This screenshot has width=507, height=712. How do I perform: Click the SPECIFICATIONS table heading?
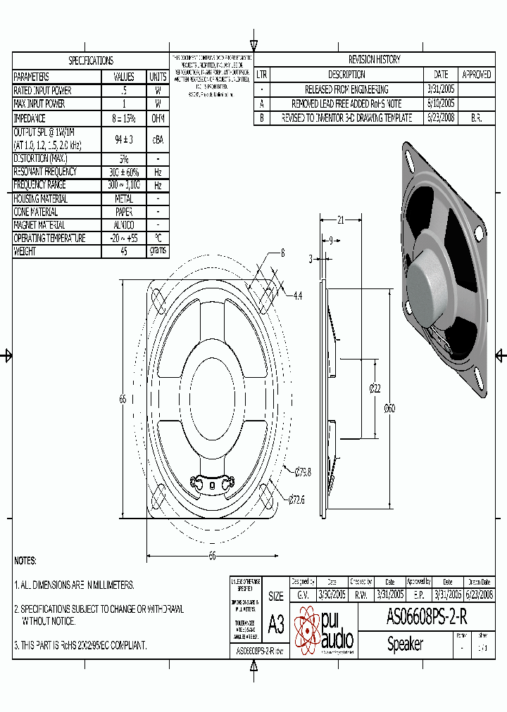(x=91, y=61)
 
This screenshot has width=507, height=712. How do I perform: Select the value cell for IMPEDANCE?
(x=124, y=119)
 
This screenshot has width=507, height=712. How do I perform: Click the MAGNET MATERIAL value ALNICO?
(x=124, y=225)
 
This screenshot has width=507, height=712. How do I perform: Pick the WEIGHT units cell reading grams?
(x=158, y=251)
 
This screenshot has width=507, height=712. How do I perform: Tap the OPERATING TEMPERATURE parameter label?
(x=50, y=239)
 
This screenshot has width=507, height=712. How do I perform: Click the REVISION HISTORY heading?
(x=374, y=60)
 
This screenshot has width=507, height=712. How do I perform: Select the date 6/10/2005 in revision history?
(x=440, y=104)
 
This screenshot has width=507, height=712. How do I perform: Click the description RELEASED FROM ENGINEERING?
(x=346, y=90)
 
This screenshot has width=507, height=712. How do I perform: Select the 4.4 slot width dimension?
(x=297, y=296)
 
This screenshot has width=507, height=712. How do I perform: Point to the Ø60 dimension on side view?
(x=389, y=408)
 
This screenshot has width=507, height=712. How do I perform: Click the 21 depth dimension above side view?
(x=340, y=220)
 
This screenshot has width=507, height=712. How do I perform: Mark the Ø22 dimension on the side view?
(x=374, y=388)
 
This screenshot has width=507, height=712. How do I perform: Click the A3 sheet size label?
(x=276, y=623)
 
